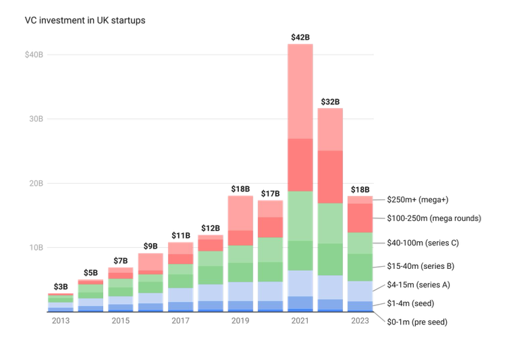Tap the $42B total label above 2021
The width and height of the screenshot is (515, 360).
(300, 37)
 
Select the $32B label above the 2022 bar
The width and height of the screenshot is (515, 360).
(330, 102)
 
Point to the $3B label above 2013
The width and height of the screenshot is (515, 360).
(60, 287)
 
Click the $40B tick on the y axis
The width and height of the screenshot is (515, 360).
(34, 54)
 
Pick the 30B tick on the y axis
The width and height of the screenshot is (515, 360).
(35, 118)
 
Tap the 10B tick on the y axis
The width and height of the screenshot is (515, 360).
(35, 247)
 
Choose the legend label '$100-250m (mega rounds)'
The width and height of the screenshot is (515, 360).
(433, 218)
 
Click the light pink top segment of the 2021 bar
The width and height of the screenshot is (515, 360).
(300, 91)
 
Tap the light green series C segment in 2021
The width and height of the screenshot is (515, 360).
(300, 216)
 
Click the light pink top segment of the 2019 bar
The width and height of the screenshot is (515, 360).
(240, 213)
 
